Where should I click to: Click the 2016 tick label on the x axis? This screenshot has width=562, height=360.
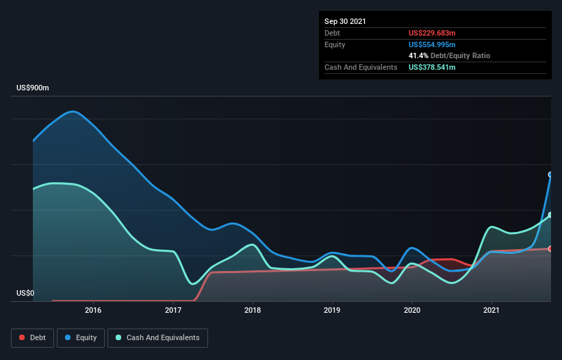(x=93, y=310)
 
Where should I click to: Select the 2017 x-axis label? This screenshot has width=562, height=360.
(x=173, y=310)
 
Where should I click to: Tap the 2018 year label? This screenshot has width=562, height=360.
(x=253, y=310)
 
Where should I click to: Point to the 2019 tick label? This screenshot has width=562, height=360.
(x=332, y=310)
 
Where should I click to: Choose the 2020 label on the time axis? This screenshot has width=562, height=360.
(x=412, y=310)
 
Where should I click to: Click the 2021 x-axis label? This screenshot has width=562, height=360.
(x=491, y=310)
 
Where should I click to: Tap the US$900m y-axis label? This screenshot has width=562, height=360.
(x=33, y=88)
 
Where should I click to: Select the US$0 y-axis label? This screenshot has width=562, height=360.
(x=25, y=293)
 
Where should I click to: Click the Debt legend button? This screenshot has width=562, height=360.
(x=33, y=338)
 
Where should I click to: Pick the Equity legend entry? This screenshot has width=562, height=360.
(x=81, y=338)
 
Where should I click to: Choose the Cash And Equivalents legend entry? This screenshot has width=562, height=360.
(x=157, y=338)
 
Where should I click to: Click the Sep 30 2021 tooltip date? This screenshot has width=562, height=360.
(x=345, y=21)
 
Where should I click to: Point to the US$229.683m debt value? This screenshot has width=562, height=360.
(x=432, y=33)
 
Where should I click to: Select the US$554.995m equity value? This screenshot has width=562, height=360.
(x=432, y=44)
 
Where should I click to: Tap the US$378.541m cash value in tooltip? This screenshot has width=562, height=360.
(x=432, y=67)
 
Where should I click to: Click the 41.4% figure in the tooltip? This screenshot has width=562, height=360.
(x=418, y=56)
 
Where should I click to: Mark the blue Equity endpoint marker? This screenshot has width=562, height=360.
(x=550, y=175)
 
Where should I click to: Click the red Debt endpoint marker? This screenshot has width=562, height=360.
(x=550, y=248)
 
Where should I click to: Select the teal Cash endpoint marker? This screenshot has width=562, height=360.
(x=550, y=215)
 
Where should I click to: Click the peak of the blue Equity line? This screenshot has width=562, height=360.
(x=73, y=112)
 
